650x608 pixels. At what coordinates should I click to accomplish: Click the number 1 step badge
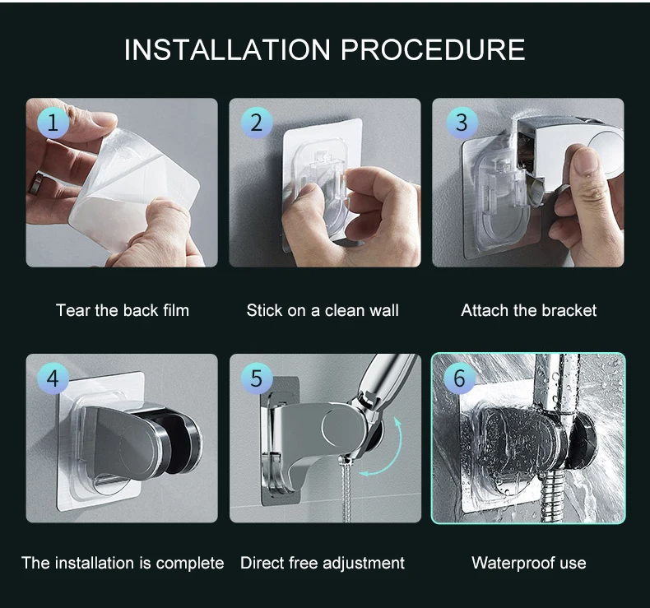(53, 123)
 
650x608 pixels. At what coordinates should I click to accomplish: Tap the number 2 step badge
(257, 123)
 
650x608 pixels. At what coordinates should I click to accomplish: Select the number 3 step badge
(462, 123)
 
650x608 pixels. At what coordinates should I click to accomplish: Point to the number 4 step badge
(53, 378)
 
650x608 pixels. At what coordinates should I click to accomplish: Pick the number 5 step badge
(257, 378)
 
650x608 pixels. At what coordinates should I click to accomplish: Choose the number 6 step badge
(459, 378)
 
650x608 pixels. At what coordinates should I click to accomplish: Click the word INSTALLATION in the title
(227, 49)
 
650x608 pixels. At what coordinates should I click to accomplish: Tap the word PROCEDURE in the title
(433, 49)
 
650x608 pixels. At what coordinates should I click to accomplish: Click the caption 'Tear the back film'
(123, 310)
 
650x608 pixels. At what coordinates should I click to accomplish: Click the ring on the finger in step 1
(36, 183)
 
